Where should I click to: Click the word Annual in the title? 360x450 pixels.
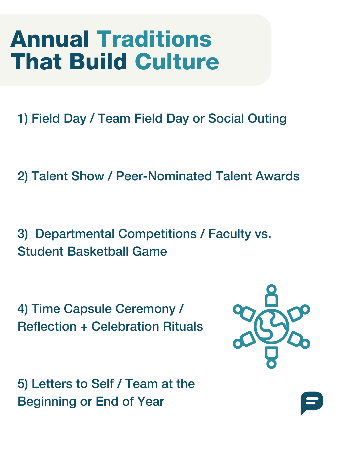click(50, 39)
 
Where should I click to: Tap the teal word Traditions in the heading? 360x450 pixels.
click(154, 39)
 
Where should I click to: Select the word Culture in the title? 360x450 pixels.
click(177, 61)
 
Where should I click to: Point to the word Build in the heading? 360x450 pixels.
click(98, 61)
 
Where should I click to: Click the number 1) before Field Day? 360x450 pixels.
click(23, 119)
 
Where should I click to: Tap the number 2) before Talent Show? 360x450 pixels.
click(23, 176)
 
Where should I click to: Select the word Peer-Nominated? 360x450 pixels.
click(164, 176)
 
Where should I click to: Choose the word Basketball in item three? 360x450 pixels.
click(98, 251)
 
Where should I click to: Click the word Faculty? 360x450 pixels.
click(230, 234)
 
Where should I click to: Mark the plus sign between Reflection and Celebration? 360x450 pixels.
click(84, 327)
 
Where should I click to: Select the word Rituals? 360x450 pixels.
click(183, 327)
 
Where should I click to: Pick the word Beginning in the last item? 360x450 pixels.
click(47, 402)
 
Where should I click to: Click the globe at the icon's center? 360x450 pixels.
click(271, 326)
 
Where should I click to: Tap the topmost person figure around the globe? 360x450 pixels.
click(271, 295)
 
